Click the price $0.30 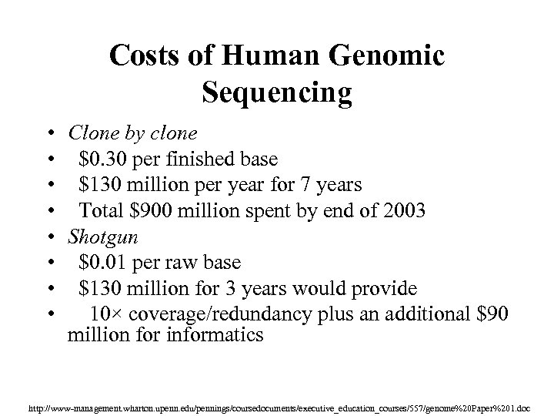tap(103, 159)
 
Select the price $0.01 tap(103, 263)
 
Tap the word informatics tap(219, 336)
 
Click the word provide tap(384, 289)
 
